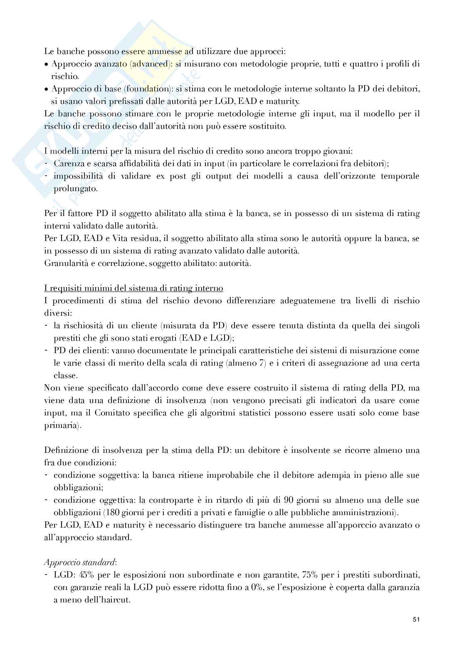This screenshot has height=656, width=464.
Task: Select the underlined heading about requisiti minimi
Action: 133,288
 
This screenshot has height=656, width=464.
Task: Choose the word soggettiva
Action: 116,475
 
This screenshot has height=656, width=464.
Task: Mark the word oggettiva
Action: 114,500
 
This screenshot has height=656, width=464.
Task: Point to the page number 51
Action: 416,631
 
